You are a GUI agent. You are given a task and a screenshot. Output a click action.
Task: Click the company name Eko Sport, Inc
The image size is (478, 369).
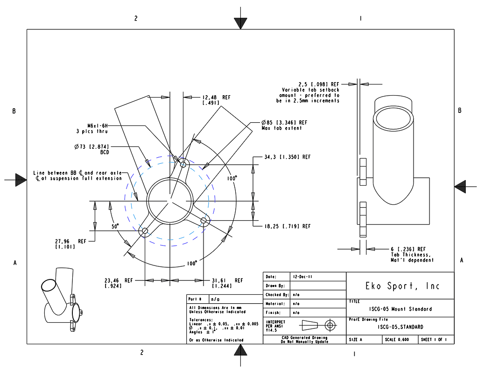click(400, 285)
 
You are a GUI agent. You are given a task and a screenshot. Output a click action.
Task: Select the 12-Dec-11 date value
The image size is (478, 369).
click(303, 277)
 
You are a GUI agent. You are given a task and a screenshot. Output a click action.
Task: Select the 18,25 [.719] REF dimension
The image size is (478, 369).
click(287, 226)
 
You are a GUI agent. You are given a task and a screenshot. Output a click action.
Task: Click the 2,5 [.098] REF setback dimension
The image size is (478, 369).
click(319, 84)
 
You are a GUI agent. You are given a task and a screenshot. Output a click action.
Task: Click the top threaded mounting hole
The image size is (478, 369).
click(183, 164)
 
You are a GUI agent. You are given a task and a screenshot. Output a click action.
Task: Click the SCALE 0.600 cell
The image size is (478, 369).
click(397, 340)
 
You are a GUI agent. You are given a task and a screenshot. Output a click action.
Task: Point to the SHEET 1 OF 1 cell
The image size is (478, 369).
click(436, 340)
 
